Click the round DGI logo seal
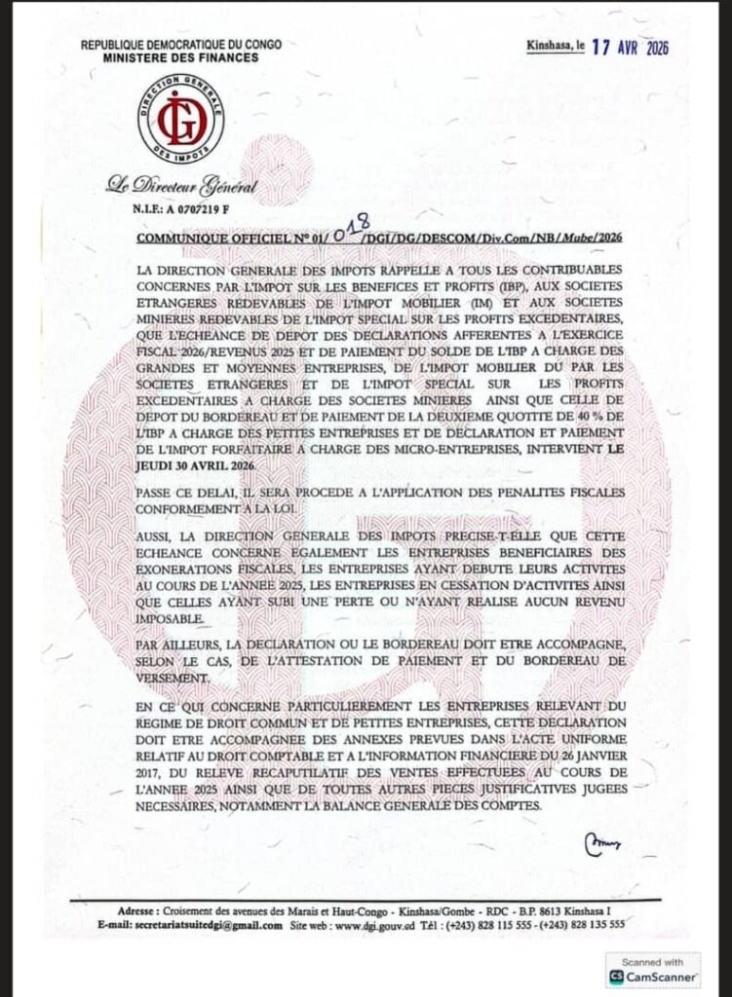[180, 120]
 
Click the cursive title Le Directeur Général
[182, 186]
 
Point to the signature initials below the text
[603, 838]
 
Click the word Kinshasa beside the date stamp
[552, 46]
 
